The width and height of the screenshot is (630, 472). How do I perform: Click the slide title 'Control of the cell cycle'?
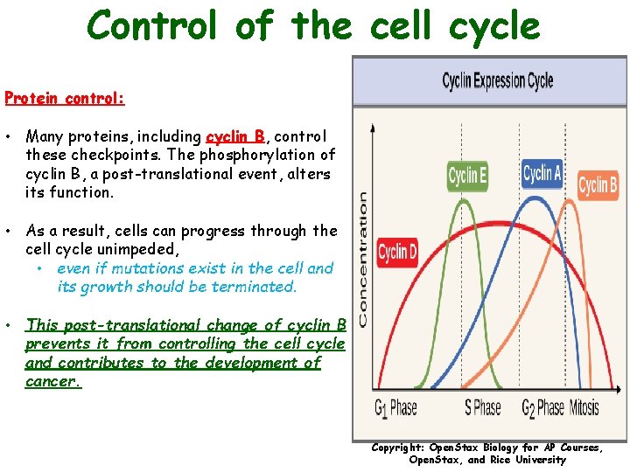[313, 26]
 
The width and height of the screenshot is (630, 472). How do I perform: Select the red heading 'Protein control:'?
[65, 98]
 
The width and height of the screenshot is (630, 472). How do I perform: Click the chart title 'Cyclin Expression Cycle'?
[497, 81]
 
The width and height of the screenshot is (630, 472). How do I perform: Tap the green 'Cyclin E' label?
[467, 176]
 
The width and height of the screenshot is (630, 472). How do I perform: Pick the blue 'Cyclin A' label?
[542, 174]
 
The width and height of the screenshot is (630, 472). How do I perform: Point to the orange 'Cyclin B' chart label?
[598, 185]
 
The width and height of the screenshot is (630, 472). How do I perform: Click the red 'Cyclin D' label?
[397, 253]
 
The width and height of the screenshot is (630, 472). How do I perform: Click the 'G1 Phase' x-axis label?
[396, 407]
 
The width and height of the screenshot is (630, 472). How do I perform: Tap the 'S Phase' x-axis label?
[482, 407]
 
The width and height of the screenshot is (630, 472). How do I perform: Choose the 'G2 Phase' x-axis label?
[542, 407]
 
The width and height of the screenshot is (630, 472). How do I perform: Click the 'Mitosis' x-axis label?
[584, 407]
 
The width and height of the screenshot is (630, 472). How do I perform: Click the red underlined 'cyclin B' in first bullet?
[234, 136]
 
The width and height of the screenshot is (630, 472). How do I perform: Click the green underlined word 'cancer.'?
[53, 381]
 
